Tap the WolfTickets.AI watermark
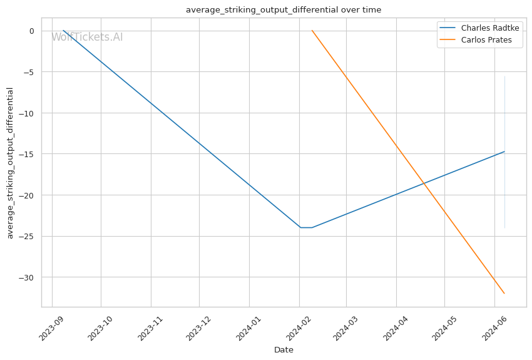tap(87, 37)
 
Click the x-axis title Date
tap(284, 350)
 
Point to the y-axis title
tap(11, 163)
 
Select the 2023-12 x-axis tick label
tap(198, 327)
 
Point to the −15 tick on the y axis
tap(29, 154)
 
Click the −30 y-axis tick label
tap(29, 277)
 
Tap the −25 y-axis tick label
tap(29, 236)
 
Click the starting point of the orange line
tap(312, 31)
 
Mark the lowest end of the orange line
tap(504, 294)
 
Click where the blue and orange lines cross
tap(424, 183)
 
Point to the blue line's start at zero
tap(63, 31)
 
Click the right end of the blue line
tap(504, 152)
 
